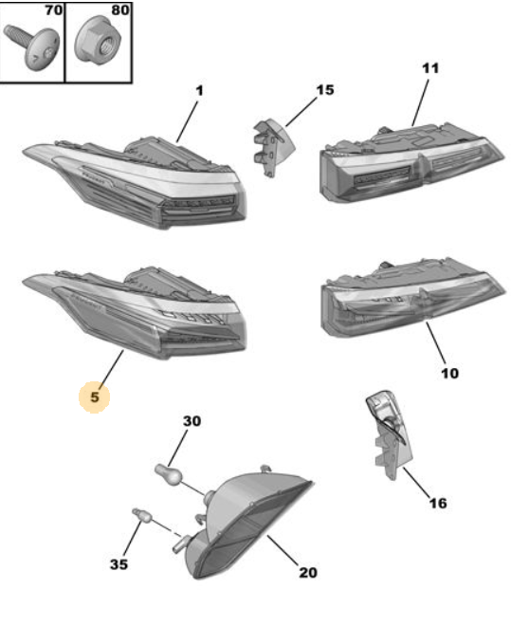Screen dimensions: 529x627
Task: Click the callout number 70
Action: [53, 10]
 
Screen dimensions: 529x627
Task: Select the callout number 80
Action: [120, 10]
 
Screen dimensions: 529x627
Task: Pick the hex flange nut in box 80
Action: [98, 39]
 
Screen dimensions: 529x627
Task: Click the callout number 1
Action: [199, 91]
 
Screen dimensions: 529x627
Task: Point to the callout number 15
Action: [325, 90]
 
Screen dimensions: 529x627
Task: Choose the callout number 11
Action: [430, 68]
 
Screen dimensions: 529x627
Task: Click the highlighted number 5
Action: [94, 397]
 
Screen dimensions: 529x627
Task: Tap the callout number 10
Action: [449, 373]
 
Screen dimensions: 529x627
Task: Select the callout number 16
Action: [438, 503]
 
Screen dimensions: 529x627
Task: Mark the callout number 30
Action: [192, 421]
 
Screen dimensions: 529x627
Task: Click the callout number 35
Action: [119, 564]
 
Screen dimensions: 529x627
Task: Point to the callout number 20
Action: [308, 573]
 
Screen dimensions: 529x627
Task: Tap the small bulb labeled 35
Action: [142, 515]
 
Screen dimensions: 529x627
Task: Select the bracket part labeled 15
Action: [274, 147]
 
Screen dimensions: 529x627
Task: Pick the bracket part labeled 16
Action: [390, 434]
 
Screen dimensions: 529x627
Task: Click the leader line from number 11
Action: [421, 102]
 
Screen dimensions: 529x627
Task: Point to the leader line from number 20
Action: [283, 550]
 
